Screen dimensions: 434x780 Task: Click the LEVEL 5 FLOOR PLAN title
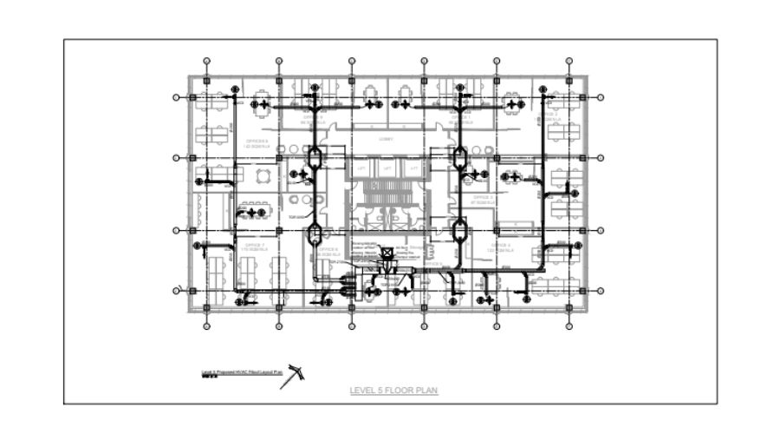[x=393, y=391]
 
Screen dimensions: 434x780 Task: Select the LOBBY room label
[x=387, y=139]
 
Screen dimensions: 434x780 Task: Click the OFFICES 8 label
[x=257, y=142]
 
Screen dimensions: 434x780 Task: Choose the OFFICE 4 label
[x=500, y=247]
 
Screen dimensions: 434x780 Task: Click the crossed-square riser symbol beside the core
[x=387, y=253]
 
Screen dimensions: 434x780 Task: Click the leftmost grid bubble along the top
[x=206, y=62]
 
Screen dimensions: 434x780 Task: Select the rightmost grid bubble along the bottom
[x=569, y=327]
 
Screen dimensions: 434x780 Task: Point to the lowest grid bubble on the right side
[x=601, y=290]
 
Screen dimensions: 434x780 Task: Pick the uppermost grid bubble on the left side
[x=176, y=98]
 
